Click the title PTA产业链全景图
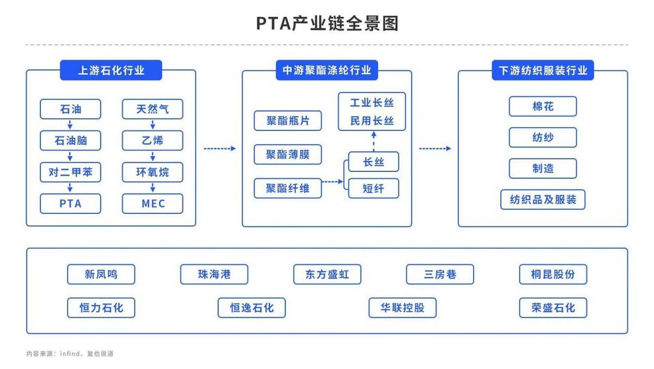[x=327, y=23]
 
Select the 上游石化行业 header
[x=111, y=70]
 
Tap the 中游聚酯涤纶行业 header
[x=327, y=70]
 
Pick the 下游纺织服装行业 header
[x=543, y=70]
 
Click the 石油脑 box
[x=70, y=141]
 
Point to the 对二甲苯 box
[x=70, y=172]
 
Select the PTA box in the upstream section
[x=70, y=204]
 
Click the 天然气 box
[x=153, y=109]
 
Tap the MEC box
[x=153, y=204]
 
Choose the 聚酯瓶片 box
[x=288, y=121]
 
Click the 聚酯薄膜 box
[x=288, y=154]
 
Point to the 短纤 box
[x=373, y=188]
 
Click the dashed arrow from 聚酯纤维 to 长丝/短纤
[x=332, y=182]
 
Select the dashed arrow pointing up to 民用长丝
[x=373, y=141]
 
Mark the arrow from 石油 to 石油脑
[x=70, y=124]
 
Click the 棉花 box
[x=543, y=106]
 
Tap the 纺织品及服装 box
[x=543, y=200]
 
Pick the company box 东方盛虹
[x=327, y=274]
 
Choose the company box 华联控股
[x=402, y=308]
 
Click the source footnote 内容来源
[x=70, y=354]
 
